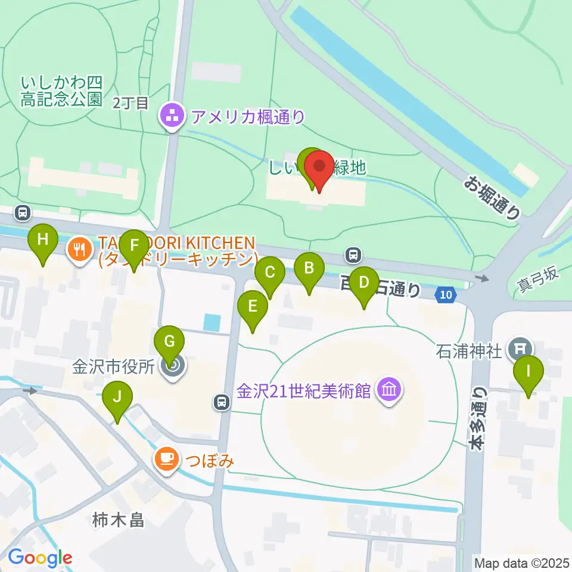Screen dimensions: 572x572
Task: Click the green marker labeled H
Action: click(43, 241)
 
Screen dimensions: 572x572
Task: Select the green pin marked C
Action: click(269, 274)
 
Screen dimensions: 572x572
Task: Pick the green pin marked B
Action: click(309, 269)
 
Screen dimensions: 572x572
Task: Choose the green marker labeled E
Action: click(253, 308)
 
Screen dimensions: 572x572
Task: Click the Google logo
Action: click(40, 558)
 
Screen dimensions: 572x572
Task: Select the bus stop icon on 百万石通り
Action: click(354, 256)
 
